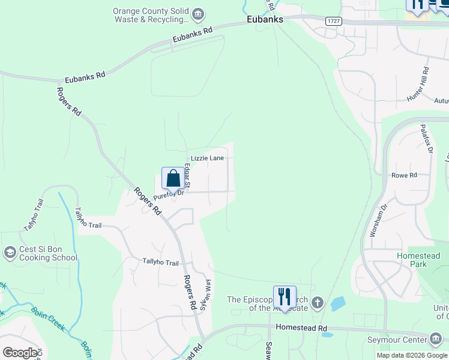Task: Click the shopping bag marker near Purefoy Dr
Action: click(173, 178)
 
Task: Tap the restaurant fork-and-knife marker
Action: click(285, 296)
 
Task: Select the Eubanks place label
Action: click(265, 20)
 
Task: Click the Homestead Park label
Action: click(418, 260)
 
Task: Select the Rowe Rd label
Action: click(404, 175)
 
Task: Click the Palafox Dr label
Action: click(426, 139)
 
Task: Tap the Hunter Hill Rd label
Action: click(418, 88)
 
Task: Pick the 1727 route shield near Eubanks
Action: click(334, 21)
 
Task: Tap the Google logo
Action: click(20, 353)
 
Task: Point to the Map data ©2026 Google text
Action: click(412, 355)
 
